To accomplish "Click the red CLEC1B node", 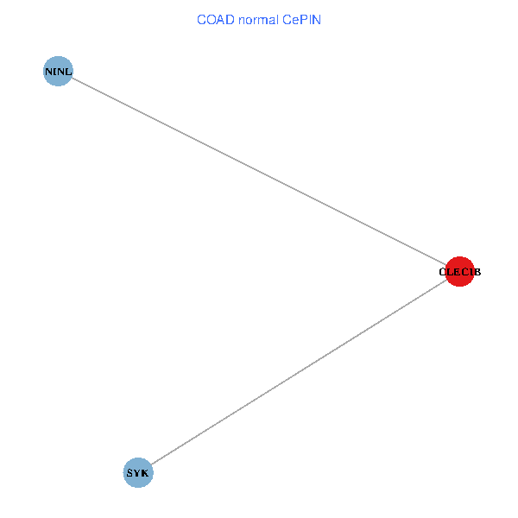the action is coord(459,271).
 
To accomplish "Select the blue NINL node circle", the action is coord(57,71).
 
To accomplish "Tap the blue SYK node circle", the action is coord(138,472).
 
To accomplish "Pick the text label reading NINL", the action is coord(59,71).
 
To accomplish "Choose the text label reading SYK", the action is coord(138,473).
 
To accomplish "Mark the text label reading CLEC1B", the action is coord(460,272).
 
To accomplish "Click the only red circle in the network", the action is coord(459,271).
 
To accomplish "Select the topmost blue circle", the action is coord(57,71).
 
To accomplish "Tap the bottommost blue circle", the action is coord(138,472).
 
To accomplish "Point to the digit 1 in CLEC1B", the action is coord(469,272).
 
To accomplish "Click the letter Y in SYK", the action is coord(138,473).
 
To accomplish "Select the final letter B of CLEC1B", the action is coord(477,272).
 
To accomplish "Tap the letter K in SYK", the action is coord(145,473).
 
